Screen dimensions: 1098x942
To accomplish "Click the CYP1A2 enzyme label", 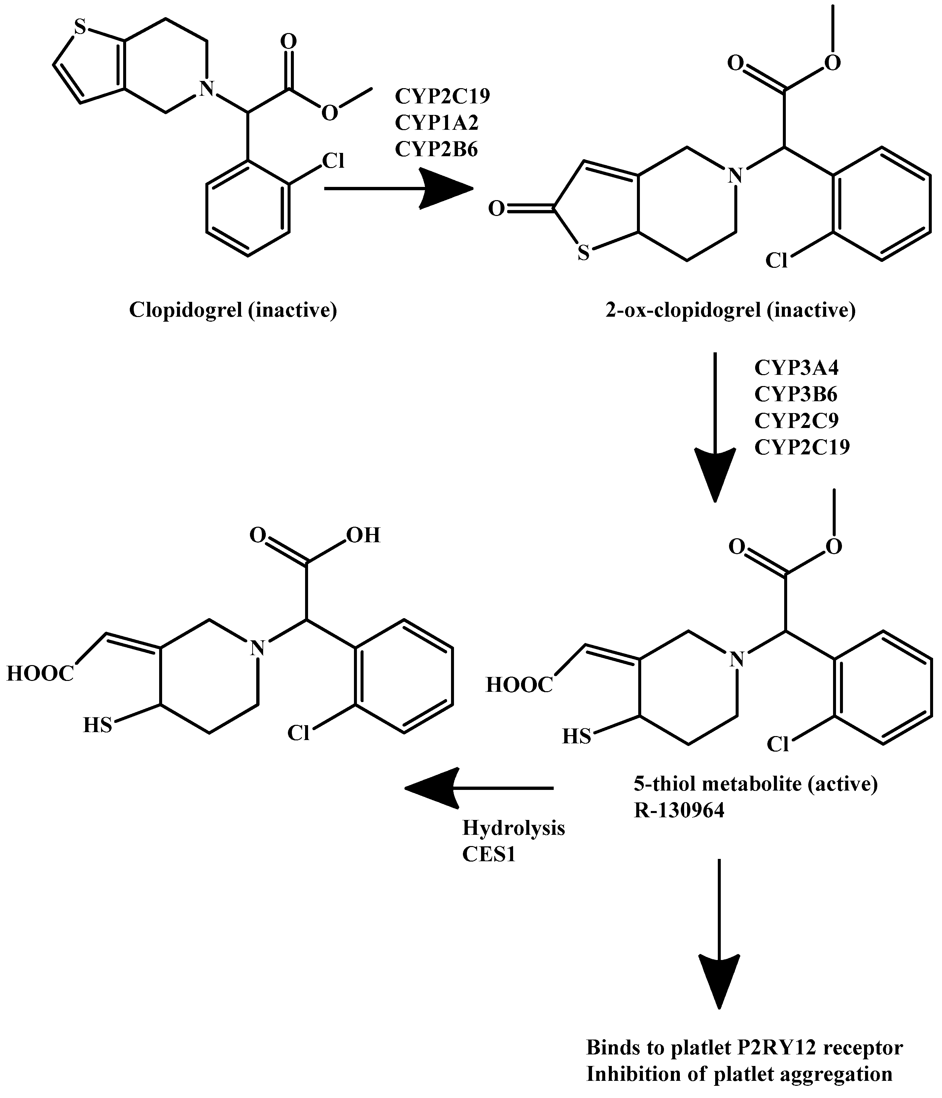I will (x=436, y=123).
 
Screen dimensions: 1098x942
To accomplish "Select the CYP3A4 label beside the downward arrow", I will (x=796, y=368).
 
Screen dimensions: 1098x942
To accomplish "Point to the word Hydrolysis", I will (x=513, y=828).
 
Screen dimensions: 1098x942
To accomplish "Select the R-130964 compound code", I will (x=679, y=811).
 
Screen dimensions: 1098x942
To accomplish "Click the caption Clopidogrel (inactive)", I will (x=233, y=310).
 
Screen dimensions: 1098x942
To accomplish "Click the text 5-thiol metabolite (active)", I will (x=755, y=784).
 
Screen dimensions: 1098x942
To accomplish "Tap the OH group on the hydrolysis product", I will (x=364, y=536).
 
